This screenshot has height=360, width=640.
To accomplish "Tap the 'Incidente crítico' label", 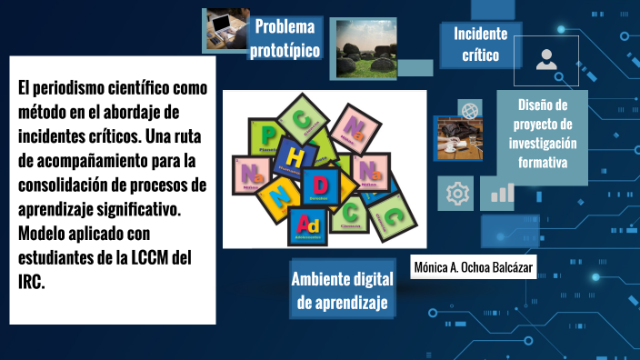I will point(480,45).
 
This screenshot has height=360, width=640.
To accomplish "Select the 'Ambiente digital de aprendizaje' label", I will point(342,290).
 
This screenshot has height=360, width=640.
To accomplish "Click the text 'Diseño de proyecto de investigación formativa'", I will point(542,134).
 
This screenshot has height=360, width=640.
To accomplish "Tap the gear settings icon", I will point(455,193).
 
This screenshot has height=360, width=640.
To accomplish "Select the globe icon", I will point(470,110).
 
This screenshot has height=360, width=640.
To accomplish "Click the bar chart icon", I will point(502,192).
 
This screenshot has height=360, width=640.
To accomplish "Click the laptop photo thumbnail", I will point(225,29).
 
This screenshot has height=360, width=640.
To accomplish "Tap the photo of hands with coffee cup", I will point(462,139).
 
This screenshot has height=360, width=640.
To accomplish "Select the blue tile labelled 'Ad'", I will point(309,224).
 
